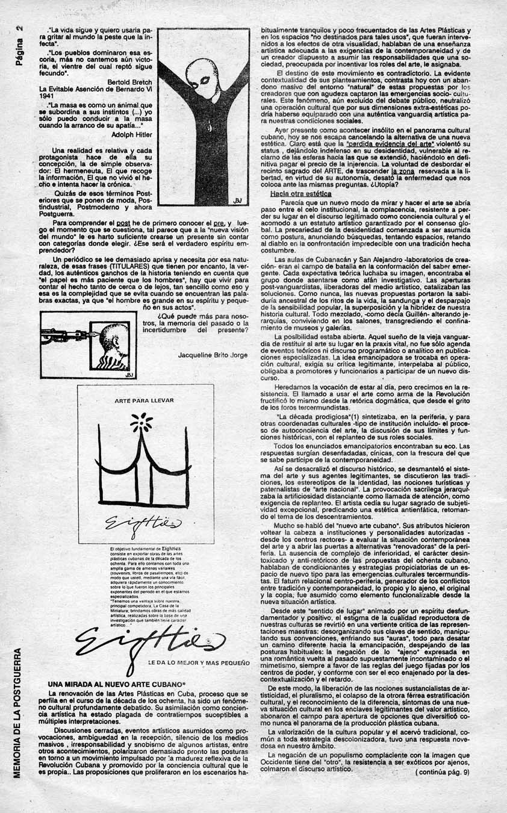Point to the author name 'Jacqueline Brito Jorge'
[x=213, y=355]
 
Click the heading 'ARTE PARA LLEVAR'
[x=144, y=400]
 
